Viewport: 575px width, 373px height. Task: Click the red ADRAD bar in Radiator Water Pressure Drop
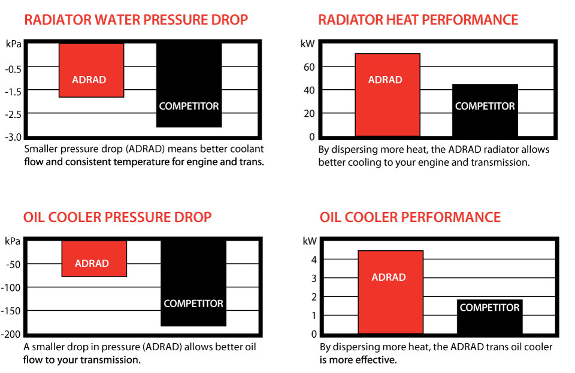(x=91, y=69)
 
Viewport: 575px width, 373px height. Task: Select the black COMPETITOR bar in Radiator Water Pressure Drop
(x=189, y=84)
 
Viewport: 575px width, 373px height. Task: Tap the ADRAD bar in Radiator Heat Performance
(x=387, y=95)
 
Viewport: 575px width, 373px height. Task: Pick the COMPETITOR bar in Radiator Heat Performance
(x=485, y=110)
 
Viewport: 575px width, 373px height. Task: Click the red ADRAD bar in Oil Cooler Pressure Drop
(x=94, y=259)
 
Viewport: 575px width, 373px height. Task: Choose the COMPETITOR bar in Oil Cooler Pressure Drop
(x=193, y=283)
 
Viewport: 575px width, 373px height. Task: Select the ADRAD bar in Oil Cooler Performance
(x=390, y=292)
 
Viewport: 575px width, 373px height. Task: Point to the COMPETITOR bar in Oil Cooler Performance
(x=489, y=317)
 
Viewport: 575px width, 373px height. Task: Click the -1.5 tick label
(x=13, y=91)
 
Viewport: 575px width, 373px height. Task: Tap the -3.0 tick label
(x=13, y=137)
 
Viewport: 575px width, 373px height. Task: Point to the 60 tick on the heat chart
(x=308, y=67)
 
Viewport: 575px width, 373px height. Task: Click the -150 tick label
(x=12, y=311)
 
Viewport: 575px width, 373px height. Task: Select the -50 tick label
(x=14, y=264)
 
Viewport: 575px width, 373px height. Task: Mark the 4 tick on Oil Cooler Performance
(x=313, y=260)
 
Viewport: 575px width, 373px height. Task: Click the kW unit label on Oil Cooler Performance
(x=310, y=241)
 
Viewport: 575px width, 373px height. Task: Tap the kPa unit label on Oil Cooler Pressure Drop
(x=13, y=241)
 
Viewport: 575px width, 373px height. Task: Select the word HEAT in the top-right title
(x=400, y=20)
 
